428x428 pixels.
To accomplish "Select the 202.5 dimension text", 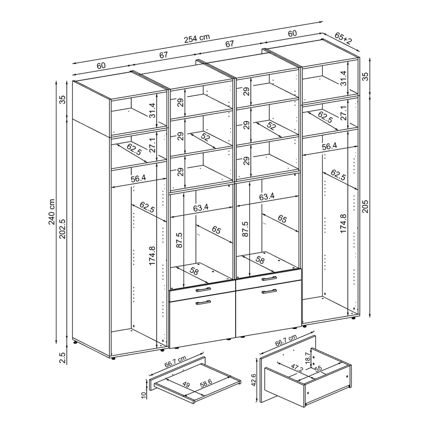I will point(63,229).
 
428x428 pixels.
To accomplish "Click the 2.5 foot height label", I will point(63,358).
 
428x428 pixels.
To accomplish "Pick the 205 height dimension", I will point(365,206).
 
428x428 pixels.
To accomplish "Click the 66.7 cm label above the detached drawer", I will point(286,341).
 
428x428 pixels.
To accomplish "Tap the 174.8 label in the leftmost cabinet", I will point(152,256).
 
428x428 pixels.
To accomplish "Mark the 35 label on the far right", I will point(365,77).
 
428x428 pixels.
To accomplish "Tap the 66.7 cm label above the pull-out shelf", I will point(176,362).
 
